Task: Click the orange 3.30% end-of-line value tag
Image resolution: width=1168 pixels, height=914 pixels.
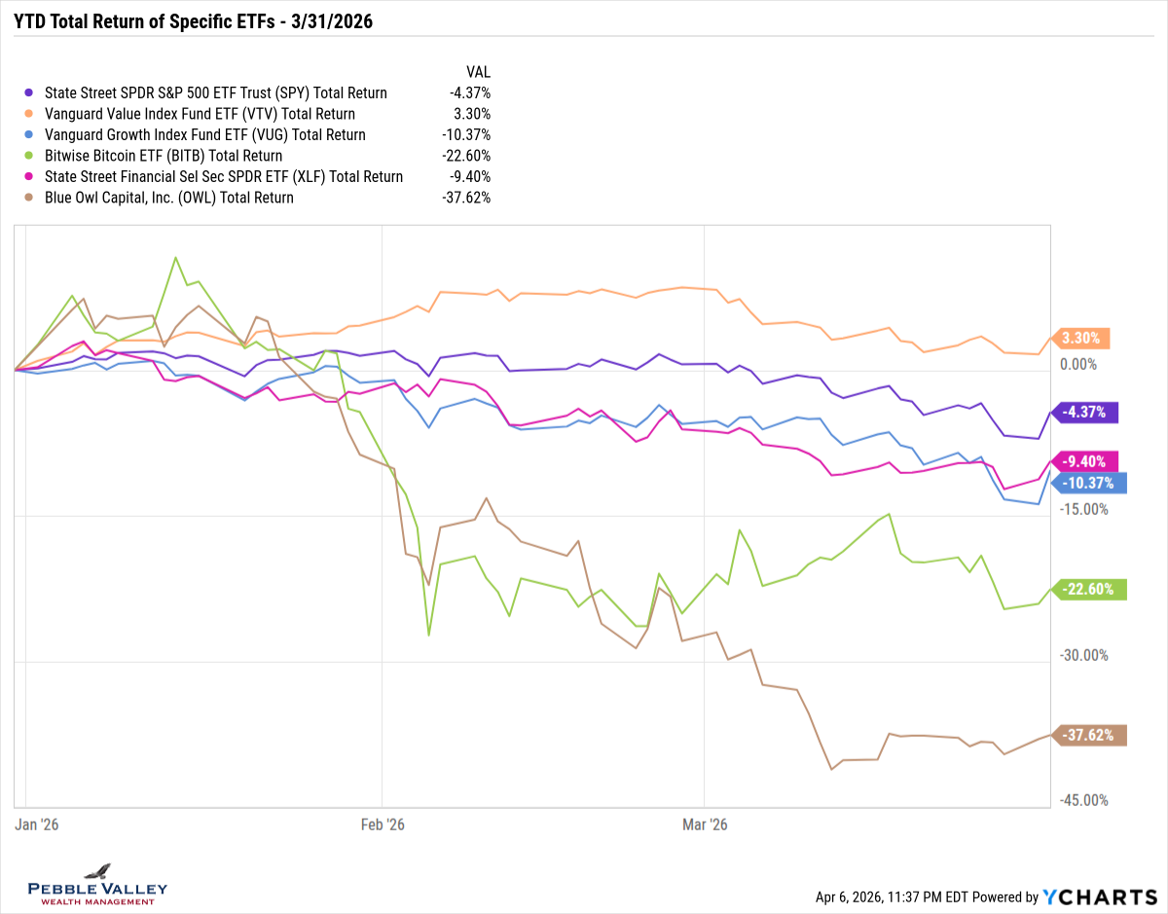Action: point(1081,339)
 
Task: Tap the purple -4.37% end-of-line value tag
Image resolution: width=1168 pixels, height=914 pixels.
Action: point(1085,412)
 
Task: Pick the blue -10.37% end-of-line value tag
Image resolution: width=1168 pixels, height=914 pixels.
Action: point(1090,483)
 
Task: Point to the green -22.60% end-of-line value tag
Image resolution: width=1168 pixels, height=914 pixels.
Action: point(1090,590)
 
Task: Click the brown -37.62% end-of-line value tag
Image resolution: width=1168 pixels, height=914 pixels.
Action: point(1090,735)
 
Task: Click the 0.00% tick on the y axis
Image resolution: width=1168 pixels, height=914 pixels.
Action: point(1077,364)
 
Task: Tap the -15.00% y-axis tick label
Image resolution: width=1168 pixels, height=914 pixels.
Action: point(1082,509)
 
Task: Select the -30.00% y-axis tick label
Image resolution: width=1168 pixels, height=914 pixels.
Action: point(1082,655)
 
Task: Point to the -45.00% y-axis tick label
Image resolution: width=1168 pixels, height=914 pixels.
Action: point(1082,800)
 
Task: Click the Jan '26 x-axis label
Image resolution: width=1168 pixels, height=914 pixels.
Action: point(37,824)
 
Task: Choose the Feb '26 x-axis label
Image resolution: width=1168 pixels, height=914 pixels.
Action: point(383,824)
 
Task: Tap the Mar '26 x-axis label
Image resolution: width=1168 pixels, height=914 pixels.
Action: point(705,824)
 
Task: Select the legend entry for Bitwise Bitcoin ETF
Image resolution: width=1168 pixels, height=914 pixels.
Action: point(164,156)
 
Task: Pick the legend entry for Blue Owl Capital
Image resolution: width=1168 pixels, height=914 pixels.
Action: point(169,198)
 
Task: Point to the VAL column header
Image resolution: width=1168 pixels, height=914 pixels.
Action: point(478,72)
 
